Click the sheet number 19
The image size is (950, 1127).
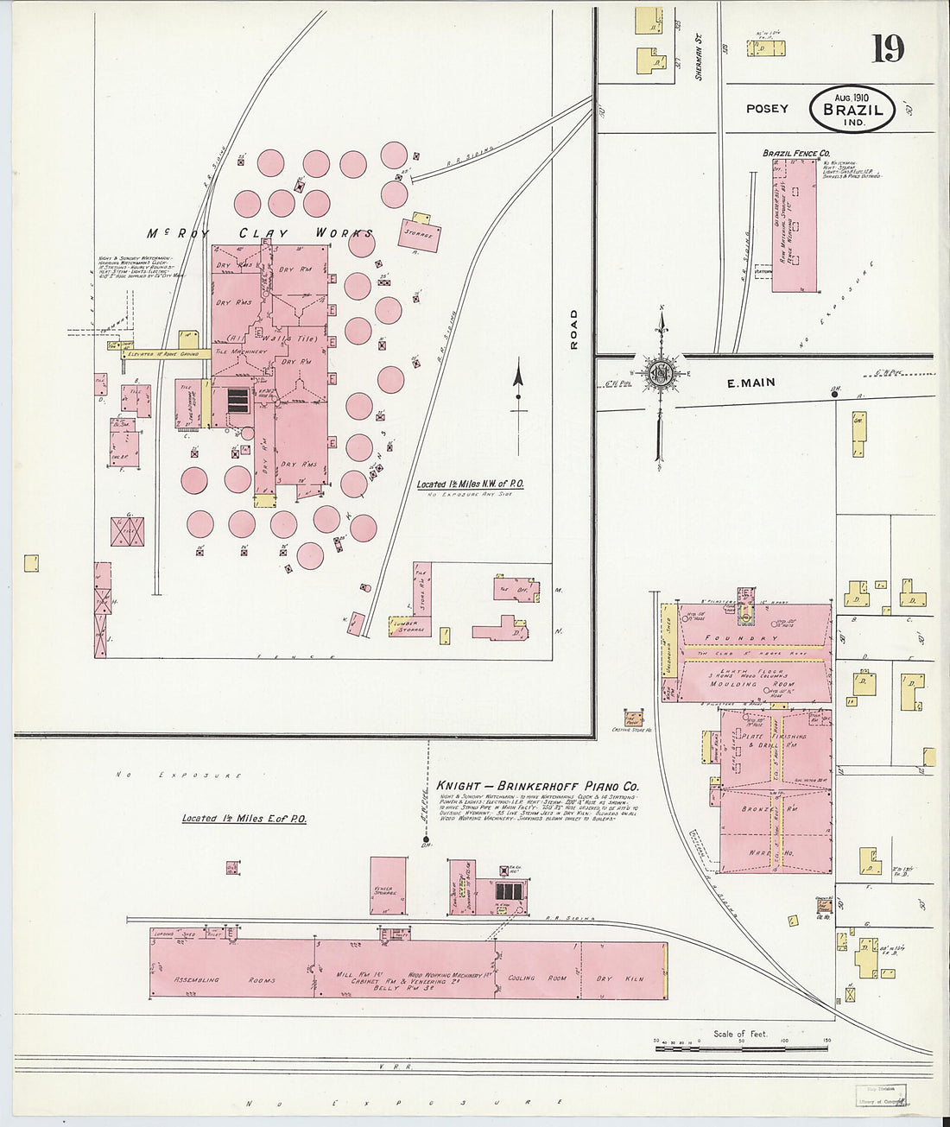click(x=887, y=48)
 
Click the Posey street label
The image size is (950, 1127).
click(x=767, y=109)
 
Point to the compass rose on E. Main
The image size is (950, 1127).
click(x=661, y=373)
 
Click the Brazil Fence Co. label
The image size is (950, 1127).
click(x=795, y=154)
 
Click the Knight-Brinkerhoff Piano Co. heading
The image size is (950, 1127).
click(x=537, y=787)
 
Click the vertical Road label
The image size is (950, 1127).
click(x=574, y=329)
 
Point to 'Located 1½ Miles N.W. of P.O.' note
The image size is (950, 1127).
click(x=470, y=484)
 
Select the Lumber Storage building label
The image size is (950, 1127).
click(x=408, y=626)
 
